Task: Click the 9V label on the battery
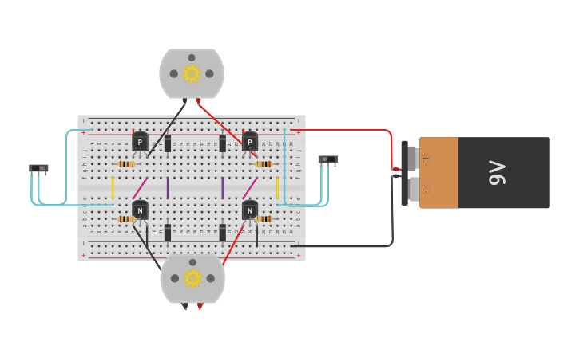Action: coord(497,173)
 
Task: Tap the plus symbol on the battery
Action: coord(426,158)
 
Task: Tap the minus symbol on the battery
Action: coord(426,189)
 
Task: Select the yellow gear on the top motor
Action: coord(191,73)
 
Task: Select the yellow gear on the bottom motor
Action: coord(192,278)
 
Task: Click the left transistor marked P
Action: coord(140,142)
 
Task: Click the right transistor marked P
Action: coord(250,142)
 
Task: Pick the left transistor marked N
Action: coord(140,210)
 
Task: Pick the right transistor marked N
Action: coord(250,210)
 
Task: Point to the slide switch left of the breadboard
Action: coord(38,168)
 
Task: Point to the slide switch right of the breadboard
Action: coord(327,159)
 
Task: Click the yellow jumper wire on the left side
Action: coord(113,188)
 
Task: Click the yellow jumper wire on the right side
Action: coord(277,188)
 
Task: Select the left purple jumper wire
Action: coord(168,188)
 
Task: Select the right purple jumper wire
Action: coord(222,188)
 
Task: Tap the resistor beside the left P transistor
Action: coord(125,164)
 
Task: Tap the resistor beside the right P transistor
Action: coord(264,164)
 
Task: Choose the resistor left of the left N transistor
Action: coord(125,219)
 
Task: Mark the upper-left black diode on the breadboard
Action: coord(168,144)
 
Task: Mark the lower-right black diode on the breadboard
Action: coord(222,233)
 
